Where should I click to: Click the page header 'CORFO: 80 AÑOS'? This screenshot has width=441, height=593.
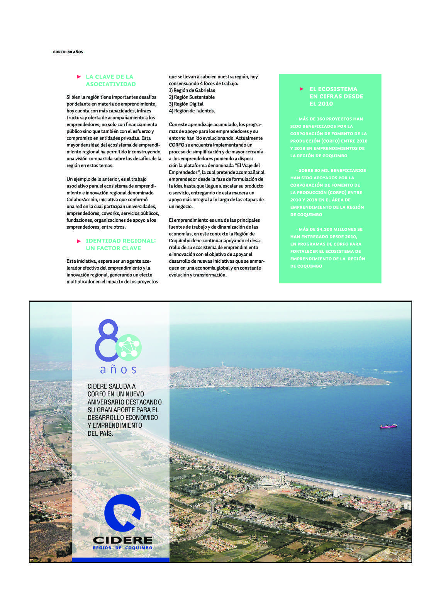point(68,52)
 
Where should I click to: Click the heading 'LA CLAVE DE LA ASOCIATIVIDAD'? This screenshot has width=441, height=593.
point(110,80)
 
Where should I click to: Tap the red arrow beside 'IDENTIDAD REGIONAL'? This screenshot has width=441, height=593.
point(79,241)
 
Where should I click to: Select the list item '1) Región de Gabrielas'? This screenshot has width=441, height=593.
point(192,90)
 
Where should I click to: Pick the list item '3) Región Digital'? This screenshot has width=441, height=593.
point(186,104)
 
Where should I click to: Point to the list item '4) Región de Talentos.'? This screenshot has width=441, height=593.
point(192,111)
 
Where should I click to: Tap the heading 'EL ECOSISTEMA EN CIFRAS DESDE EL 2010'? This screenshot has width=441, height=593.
point(336,96)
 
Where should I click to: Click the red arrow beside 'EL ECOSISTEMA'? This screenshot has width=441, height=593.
point(302,89)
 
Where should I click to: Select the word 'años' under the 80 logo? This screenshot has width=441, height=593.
point(118,370)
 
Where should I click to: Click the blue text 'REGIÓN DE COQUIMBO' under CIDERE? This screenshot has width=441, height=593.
point(122,548)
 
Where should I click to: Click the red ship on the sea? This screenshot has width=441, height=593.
point(388,426)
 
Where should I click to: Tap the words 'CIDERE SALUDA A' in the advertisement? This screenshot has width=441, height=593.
point(112,386)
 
